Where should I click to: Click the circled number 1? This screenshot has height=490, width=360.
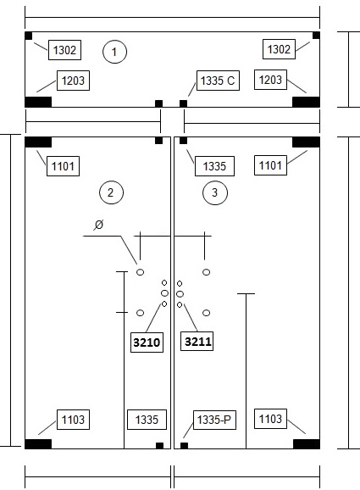pyautogui.click(x=114, y=52)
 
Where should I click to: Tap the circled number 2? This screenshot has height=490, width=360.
pyautogui.click(x=111, y=192)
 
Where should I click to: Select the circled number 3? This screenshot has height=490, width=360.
pyautogui.click(x=215, y=192)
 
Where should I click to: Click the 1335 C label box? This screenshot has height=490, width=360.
pyautogui.click(x=218, y=81)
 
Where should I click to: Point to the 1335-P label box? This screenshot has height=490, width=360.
pyautogui.click(x=214, y=420)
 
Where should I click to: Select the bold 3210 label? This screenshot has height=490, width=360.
pyautogui.click(x=147, y=342)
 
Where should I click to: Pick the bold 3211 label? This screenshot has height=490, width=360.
pyautogui.click(x=197, y=342)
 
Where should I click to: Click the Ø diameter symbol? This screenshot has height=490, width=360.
pyautogui.click(x=98, y=225)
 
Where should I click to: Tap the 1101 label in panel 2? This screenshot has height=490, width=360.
pyautogui.click(x=63, y=166)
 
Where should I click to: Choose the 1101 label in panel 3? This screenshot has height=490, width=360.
pyautogui.click(x=270, y=165)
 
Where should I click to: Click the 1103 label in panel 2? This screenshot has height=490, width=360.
pyautogui.click(x=73, y=420)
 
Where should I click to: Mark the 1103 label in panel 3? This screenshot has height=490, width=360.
pyautogui.click(x=270, y=419)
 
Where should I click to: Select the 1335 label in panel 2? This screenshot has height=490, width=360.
pyautogui.click(x=147, y=420)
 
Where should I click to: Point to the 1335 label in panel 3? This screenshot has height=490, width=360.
pyautogui.click(x=214, y=166)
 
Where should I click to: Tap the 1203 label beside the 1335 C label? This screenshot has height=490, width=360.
pyautogui.click(x=270, y=80)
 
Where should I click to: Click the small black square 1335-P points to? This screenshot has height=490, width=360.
pyautogui.click(x=184, y=446)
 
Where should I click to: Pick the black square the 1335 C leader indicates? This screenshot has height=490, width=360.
pyautogui.click(x=183, y=103)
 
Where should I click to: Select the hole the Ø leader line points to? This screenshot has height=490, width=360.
pyautogui.click(x=141, y=272)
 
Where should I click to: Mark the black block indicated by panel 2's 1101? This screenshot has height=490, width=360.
pyautogui.click(x=38, y=142)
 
